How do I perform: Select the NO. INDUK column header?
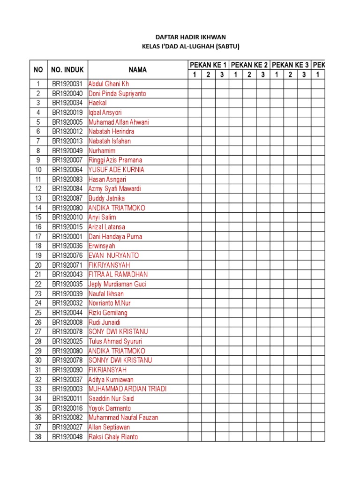point(67,70)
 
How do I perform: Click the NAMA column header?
point(138,70)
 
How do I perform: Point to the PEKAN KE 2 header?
point(249,65)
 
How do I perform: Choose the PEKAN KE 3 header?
point(290,65)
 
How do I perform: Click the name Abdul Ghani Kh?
point(108,84)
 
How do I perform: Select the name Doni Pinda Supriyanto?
point(117,93)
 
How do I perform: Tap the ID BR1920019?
point(67,112)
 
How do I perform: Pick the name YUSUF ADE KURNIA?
point(116,170)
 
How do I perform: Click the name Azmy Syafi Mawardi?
point(114,189)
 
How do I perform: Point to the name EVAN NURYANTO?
point(113,255)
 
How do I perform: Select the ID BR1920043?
point(67,275)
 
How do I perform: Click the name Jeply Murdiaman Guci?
point(117,284)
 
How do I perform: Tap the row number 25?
point(38,313)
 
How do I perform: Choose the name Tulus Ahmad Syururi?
point(115,341)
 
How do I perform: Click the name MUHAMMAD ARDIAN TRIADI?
point(127,389)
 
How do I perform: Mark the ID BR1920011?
point(67,398)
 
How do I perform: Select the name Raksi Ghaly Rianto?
point(113,437)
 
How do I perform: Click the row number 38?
point(38,437)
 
